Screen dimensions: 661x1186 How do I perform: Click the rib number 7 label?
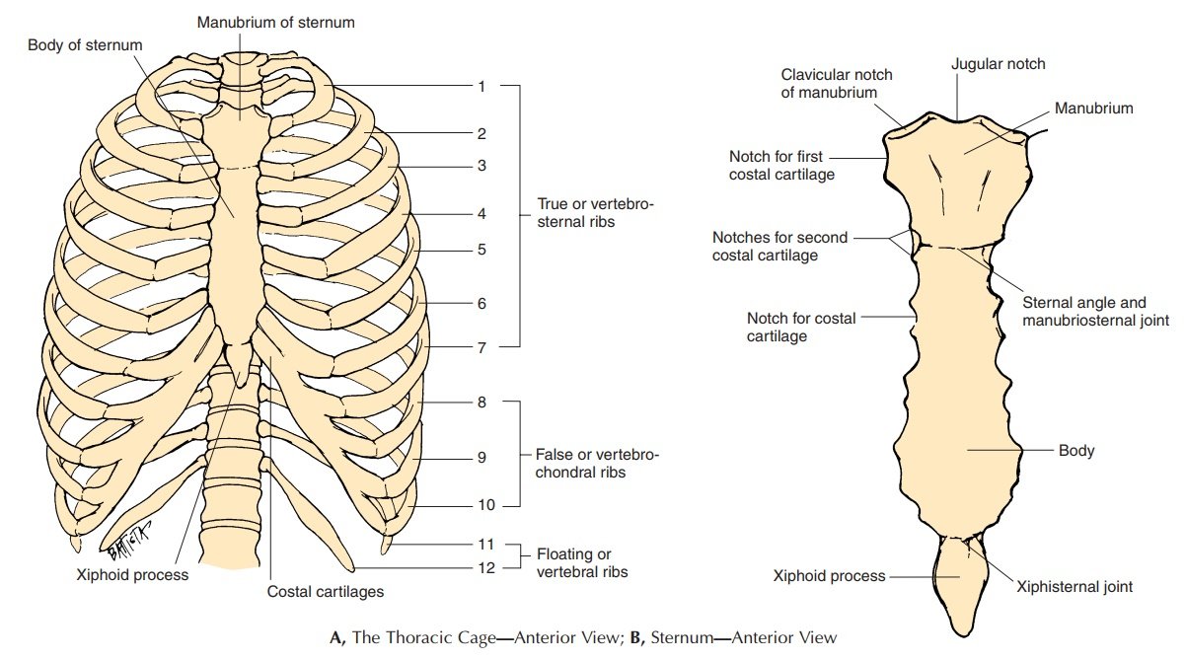pos(482,347)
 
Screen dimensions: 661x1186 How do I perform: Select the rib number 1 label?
pos(482,87)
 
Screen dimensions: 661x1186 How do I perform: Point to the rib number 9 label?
pos(482,457)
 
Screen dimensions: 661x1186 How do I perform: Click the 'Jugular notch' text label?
pos(998,64)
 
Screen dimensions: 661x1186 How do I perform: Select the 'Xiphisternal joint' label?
pos(1075,586)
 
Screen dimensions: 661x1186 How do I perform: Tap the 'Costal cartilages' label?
pos(326,592)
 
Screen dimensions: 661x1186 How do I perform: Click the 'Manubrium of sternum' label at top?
pos(276,22)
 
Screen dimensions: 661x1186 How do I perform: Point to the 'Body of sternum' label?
pos(85,45)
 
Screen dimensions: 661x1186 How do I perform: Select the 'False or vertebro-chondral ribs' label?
pos(597,465)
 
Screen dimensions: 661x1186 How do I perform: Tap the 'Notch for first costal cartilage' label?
pos(781,166)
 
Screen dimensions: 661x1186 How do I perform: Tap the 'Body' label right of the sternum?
pos(1076,451)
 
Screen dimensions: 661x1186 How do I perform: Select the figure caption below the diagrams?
pos(582,637)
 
